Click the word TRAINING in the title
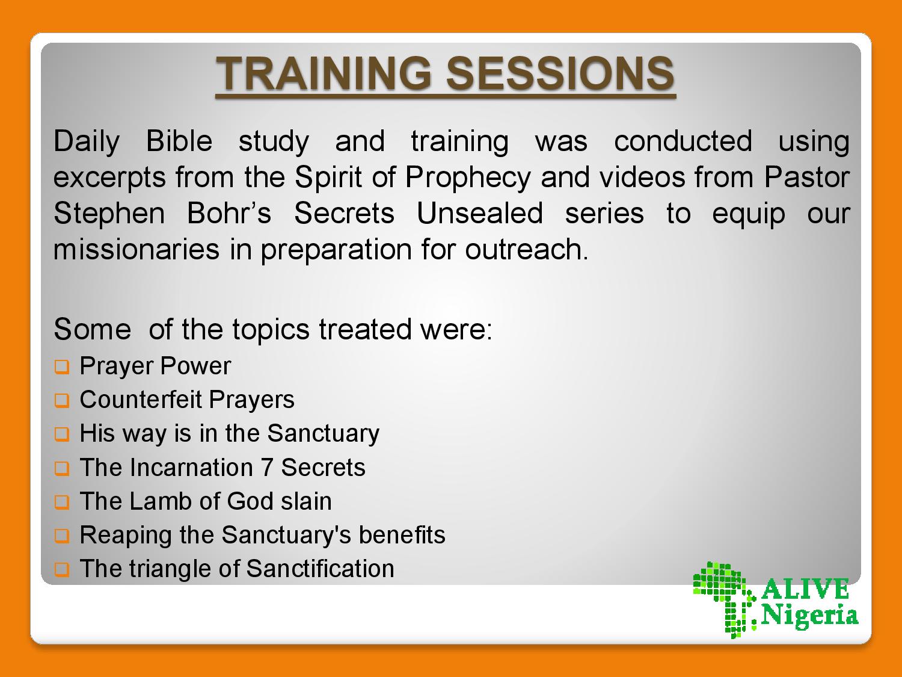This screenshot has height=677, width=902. click(324, 73)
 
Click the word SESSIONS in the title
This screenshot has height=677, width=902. click(560, 73)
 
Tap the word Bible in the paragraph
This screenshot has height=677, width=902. click(179, 141)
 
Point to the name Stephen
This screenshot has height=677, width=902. click(109, 214)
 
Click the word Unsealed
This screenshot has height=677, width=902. click(479, 214)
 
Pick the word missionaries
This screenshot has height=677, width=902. click(137, 249)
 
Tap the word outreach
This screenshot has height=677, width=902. click(526, 249)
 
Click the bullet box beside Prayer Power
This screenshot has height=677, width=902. click(62, 366)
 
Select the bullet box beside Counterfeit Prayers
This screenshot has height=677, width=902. click(62, 400)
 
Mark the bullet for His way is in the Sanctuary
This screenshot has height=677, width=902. click(62, 434)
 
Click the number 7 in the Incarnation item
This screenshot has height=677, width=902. click(267, 468)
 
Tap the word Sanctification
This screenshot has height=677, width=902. click(320, 569)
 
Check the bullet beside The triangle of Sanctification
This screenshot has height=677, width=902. click(62, 570)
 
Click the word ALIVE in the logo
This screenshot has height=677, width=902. click(805, 589)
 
